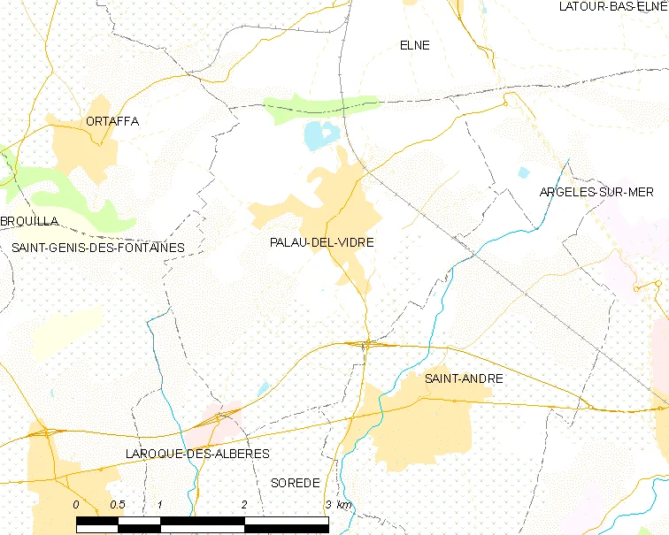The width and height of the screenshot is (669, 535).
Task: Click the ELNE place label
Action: pyautogui.click(x=414, y=45)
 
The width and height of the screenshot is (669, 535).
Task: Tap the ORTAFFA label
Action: pyautogui.click(x=112, y=121)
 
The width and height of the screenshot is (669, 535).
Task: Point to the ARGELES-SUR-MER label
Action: pyautogui.click(x=596, y=193)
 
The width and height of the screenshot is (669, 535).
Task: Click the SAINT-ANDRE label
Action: pyautogui.click(x=464, y=378)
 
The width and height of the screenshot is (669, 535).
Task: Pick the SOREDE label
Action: pyautogui.click(x=294, y=482)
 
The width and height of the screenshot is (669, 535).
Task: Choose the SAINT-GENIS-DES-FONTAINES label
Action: pyautogui.click(x=98, y=248)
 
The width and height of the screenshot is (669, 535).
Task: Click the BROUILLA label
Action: pyautogui.click(x=29, y=221)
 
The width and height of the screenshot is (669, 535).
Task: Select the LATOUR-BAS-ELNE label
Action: pyautogui.click(x=612, y=6)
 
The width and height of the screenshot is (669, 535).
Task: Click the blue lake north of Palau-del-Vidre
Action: pyautogui.click(x=320, y=135)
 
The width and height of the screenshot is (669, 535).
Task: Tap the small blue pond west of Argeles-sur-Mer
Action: pyautogui.click(x=523, y=172)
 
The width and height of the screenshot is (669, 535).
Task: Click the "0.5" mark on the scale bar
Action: pyautogui.click(x=117, y=504)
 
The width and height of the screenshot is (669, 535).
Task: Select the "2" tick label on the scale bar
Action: pyautogui.click(x=244, y=504)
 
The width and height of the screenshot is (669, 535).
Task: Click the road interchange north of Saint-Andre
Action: pyautogui.click(x=366, y=344)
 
